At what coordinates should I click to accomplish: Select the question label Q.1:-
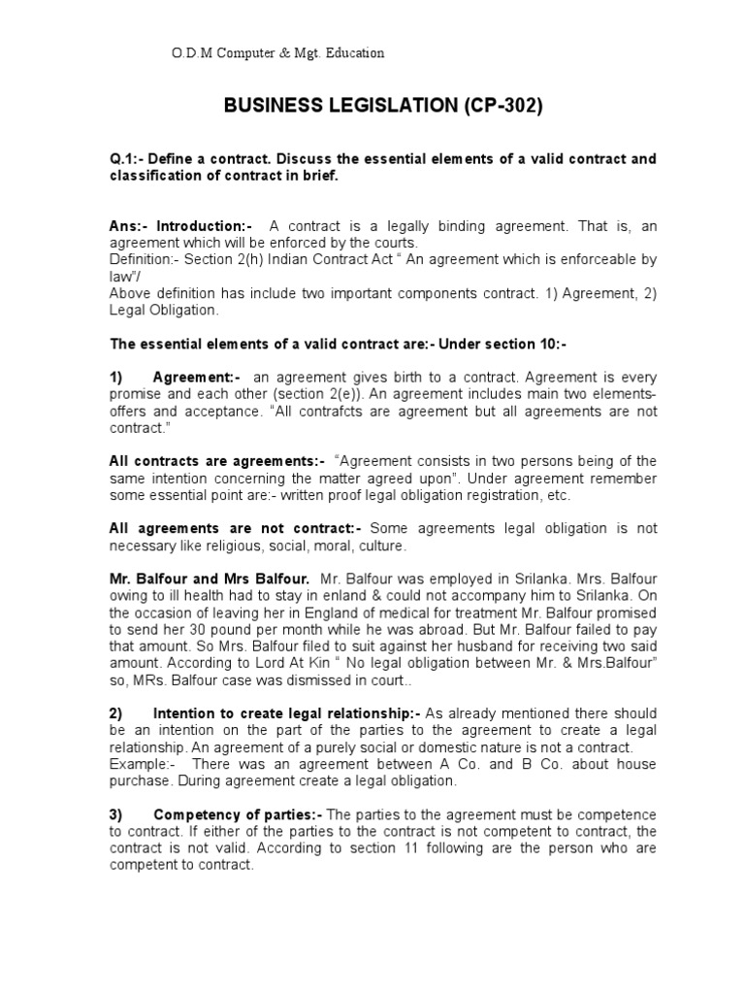(x=130, y=159)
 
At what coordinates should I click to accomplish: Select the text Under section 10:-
(x=502, y=345)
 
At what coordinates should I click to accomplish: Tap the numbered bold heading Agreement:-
(x=198, y=378)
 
